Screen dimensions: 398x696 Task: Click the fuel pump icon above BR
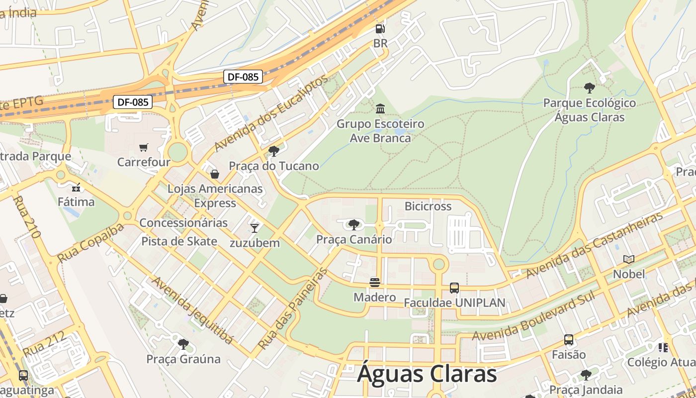click(380, 29)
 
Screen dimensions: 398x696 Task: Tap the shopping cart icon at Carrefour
click(144, 147)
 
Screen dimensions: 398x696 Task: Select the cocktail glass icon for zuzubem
click(255, 228)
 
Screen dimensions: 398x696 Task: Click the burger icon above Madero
click(375, 283)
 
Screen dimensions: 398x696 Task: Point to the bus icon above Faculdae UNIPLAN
click(454, 288)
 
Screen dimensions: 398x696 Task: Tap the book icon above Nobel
click(629, 259)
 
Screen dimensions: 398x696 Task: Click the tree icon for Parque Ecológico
click(589, 88)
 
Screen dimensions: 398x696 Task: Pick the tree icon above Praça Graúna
click(183, 344)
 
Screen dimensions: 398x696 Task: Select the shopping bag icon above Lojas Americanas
click(215, 174)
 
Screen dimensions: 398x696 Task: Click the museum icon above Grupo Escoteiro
click(380, 108)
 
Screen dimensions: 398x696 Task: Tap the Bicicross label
click(428, 206)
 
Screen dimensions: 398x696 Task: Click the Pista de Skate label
click(179, 241)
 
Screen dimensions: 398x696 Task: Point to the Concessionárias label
click(183, 222)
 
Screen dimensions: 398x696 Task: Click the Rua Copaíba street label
click(90, 243)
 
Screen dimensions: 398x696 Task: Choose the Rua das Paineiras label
click(293, 308)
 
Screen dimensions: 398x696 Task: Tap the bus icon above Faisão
click(569, 340)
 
